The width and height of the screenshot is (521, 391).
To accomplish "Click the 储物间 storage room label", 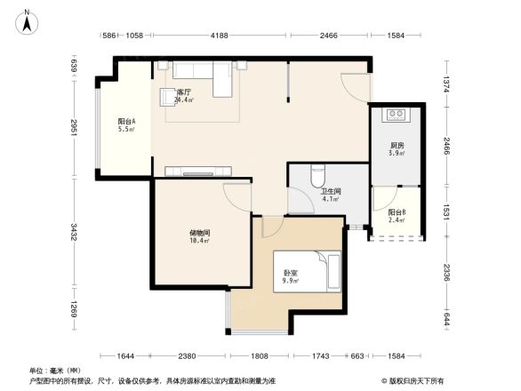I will pos(198,236).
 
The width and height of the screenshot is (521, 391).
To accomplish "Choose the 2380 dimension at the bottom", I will pos(186,356).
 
